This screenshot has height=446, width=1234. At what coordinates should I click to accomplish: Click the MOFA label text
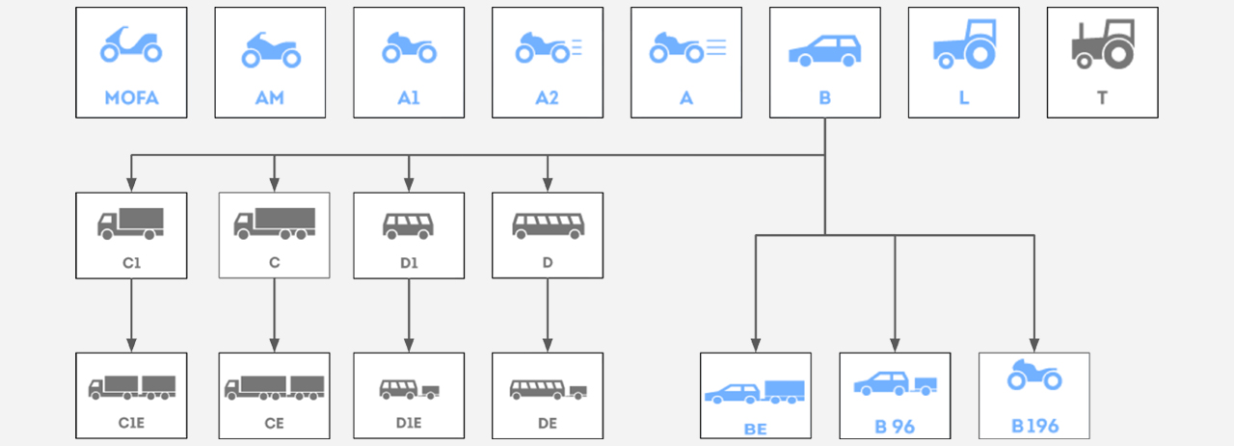[131, 98]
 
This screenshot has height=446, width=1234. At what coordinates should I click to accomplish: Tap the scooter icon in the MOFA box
[131, 46]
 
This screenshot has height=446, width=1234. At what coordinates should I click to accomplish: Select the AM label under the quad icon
[270, 98]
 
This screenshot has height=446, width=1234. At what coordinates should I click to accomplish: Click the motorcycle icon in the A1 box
[409, 48]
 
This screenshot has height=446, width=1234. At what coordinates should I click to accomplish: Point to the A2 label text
[548, 98]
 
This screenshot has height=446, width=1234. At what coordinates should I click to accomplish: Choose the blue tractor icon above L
[964, 44]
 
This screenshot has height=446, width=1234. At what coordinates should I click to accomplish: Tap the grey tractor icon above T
[1103, 44]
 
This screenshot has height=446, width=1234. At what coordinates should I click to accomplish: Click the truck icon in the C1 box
[130, 223]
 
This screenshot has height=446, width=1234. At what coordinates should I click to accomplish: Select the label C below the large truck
[275, 260]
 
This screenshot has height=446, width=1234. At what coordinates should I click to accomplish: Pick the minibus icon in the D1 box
[408, 225]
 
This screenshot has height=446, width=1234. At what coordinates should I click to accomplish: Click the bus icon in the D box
[548, 225]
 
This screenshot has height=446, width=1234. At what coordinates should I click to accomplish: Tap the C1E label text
[131, 422]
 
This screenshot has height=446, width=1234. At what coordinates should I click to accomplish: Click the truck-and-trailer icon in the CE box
[275, 387]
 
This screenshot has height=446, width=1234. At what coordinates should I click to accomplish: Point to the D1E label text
[409, 422]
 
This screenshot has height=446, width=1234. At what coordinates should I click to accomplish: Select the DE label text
[548, 422]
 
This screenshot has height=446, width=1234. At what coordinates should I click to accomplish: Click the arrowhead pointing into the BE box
[756, 344]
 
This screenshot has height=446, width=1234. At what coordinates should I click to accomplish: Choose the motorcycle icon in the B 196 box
[1034, 376]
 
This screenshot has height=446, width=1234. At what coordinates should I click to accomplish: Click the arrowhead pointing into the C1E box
[131, 344]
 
